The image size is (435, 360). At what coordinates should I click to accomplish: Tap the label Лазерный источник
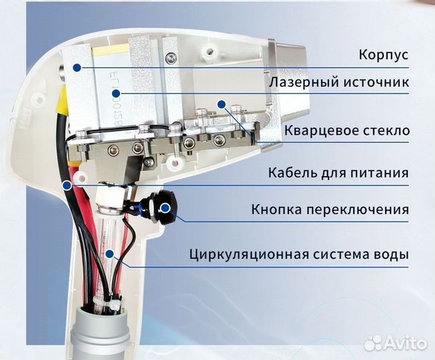coord(339,83)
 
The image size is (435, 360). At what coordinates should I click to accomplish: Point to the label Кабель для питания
coord(338,173)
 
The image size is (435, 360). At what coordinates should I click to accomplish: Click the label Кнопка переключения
coord(330,210)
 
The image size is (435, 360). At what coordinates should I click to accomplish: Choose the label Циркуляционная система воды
coord(299,255)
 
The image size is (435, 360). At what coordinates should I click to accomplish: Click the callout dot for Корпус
coord(78,67)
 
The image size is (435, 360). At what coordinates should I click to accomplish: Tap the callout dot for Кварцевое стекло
coord(254,141)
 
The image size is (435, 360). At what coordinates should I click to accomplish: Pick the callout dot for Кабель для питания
coord(67,183)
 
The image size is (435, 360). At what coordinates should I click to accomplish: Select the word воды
coord(393,255)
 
